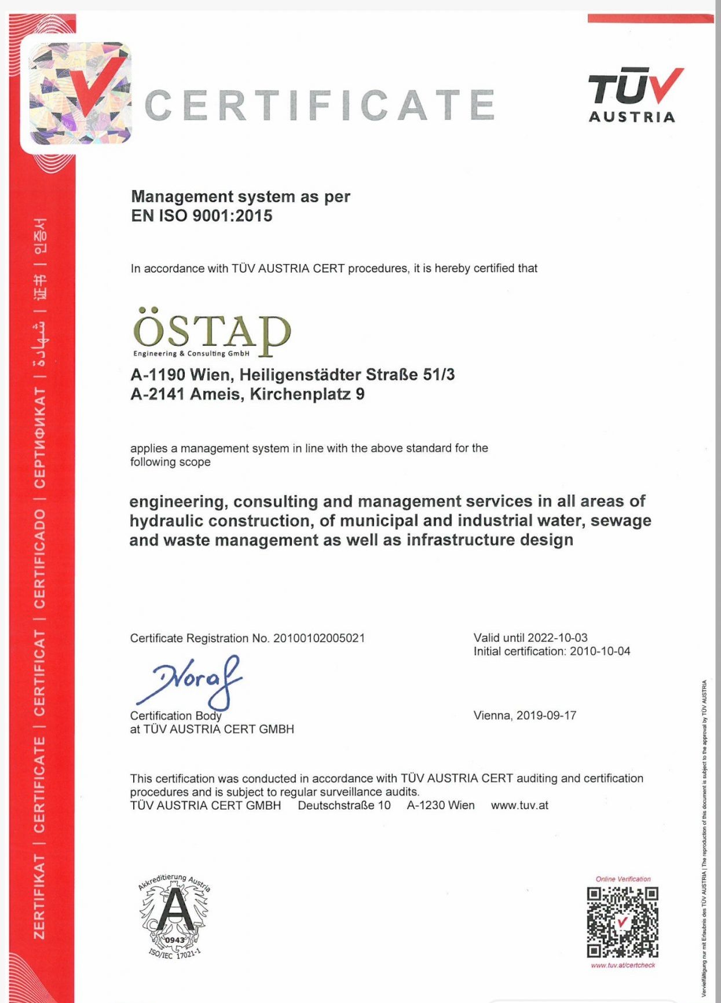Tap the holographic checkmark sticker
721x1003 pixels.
tap(80, 93)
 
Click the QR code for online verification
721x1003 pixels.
tap(623, 922)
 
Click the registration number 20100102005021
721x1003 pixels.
tap(319, 638)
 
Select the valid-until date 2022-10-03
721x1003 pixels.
tap(557, 638)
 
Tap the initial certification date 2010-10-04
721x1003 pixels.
tap(600, 651)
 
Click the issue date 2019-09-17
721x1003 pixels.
tap(546, 716)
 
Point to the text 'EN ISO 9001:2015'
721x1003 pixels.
tap(202, 216)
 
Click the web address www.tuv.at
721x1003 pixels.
tap(519, 806)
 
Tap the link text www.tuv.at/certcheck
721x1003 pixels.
tap(623, 965)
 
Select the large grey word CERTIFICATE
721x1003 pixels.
tap(319, 105)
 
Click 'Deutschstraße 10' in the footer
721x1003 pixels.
tap(344, 806)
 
